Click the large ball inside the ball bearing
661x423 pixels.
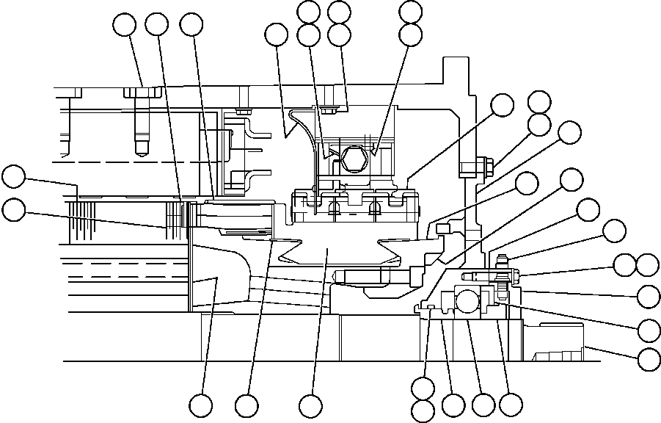coord(468,300)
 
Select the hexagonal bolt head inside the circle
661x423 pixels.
coord(352,158)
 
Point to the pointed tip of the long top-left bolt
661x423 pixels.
coord(141,151)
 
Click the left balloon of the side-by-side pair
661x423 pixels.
coord(625,265)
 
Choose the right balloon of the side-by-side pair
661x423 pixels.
coord(649,265)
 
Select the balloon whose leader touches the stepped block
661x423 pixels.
coord(649,360)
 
